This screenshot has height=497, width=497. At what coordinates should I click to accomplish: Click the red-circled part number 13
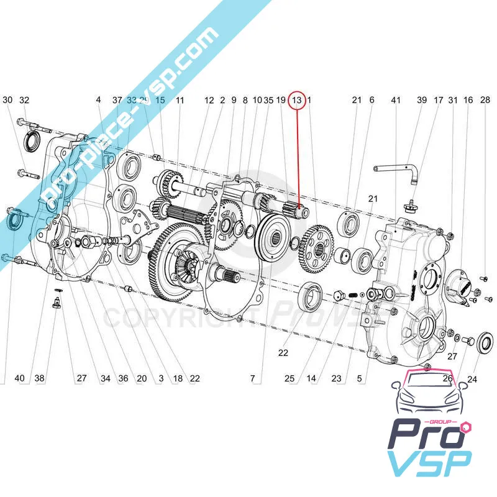tap(297, 100)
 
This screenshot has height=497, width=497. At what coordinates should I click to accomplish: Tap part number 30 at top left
tap(7, 100)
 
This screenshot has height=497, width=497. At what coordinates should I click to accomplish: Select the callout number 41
tap(395, 100)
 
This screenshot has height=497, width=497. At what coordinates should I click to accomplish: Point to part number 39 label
tap(422, 100)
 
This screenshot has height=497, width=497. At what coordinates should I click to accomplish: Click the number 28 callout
tap(485, 100)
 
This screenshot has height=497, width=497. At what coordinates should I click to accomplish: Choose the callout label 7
tap(252, 378)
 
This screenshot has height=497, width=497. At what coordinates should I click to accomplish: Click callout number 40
tap(20, 378)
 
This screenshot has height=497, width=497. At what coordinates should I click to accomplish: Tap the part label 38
tap(40, 378)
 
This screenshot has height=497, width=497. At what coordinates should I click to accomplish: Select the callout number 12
tap(209, 100)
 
